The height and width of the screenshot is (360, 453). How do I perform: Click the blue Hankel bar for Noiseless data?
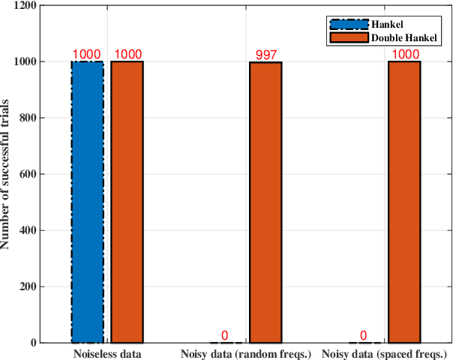[x=87, y=202]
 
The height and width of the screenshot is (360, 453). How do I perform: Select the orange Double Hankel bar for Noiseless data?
[x=127, y=202]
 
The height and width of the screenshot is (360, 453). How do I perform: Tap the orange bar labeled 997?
[x=265, y=202]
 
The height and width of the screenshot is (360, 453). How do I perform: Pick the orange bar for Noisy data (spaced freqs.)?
[x=404, y=202]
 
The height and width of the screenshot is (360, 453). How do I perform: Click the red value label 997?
[x=265, y=55]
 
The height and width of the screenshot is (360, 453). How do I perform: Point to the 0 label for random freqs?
[x=225, y=336]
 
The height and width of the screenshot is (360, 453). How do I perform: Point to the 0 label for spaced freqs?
[x=364, y=336]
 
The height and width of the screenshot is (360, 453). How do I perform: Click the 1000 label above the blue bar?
[x=87, y=55]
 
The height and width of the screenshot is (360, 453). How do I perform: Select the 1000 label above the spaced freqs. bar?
[x=404, y=55]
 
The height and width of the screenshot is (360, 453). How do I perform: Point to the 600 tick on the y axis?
[x=30, y=175]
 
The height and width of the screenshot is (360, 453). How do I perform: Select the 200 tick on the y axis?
[x=30, y=287]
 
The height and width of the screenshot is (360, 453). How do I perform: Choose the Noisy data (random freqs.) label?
[x=245, y=352]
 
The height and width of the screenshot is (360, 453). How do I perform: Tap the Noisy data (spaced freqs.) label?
[x=384, y=352]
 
